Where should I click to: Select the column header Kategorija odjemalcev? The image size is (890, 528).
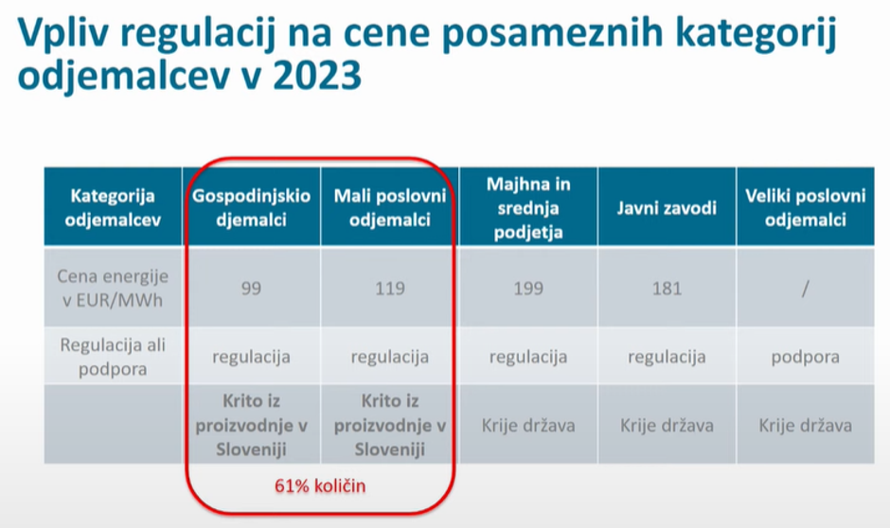[113, 208]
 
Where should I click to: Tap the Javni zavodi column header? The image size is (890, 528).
[667, 208]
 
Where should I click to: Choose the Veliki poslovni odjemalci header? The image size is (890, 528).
[805, 208]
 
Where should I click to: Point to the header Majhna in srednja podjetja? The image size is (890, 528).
[528, 208]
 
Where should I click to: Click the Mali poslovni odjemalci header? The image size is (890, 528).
[389, 208]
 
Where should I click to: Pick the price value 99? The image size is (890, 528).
[251, 289]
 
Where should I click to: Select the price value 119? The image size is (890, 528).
[389, 289]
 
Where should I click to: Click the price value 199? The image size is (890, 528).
[528, 289]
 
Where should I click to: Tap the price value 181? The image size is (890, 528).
[667, 289]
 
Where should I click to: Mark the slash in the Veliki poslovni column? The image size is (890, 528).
[805, 289]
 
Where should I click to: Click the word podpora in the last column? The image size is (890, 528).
[805, 357]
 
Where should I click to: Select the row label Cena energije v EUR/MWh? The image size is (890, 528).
[113, 288]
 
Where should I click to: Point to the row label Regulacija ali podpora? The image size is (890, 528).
[113, 357]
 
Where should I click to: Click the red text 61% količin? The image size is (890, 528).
[320, 486]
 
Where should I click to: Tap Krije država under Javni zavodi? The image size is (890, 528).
[667, 425]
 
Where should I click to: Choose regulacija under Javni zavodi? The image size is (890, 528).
[667, 357]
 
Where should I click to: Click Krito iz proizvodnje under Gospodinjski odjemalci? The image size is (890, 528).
[251, 425]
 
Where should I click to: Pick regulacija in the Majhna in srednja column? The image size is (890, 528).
[528, 357]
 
